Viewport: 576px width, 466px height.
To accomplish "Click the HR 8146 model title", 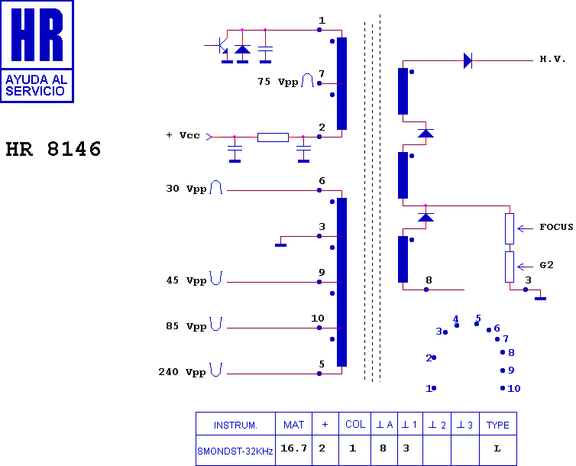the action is pyautogui.click(x=53, y=149).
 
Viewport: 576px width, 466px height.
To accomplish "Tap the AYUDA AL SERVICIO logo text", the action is pyautogui.click(x=36, y=86).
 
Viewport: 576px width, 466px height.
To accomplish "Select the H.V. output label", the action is pyautogui.click(x=552, y=59).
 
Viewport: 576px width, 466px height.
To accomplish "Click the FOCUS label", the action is pyautogui.click(x=556, y=228).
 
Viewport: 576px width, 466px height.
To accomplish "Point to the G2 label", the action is pyautogui.click(x=546, y=265).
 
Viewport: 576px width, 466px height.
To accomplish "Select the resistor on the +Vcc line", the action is pyautogui.click(x=273, y=138).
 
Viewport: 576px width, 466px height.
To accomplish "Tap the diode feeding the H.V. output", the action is pyautogui.click(x=468, y=60).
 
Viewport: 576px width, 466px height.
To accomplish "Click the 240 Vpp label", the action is pyautogui.click(x=182, y=372).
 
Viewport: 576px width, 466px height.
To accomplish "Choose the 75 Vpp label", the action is pyautogui.click(x=278, y=82).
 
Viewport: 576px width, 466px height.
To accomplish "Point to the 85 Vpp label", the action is pyautogui.click(x=186, y=326).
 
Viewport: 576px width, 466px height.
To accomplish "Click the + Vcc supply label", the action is pyautogui.click(x=183, y=135).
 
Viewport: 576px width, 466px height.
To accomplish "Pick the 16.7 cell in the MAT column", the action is pyautogui.click(x=293, y=448).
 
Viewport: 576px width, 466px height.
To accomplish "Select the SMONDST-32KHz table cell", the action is pyautogui.click(x=235, y=451).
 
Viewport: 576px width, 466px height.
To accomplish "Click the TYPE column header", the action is pyautogui.click(x=498, y=426).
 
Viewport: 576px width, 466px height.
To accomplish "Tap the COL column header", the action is pyautogui.click(x=355, y=425).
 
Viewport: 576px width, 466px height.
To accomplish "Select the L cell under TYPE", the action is pyautogui.click(x=497, y=448).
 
